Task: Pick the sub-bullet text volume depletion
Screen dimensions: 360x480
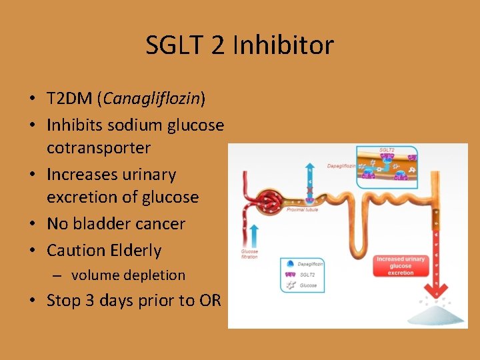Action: click(128, 275)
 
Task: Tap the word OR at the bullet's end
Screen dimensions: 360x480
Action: click(209, 300)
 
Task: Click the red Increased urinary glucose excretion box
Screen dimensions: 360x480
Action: click(400, 265)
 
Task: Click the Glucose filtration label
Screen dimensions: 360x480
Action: click(249, 253)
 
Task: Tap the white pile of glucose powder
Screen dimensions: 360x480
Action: click(437, 314)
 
